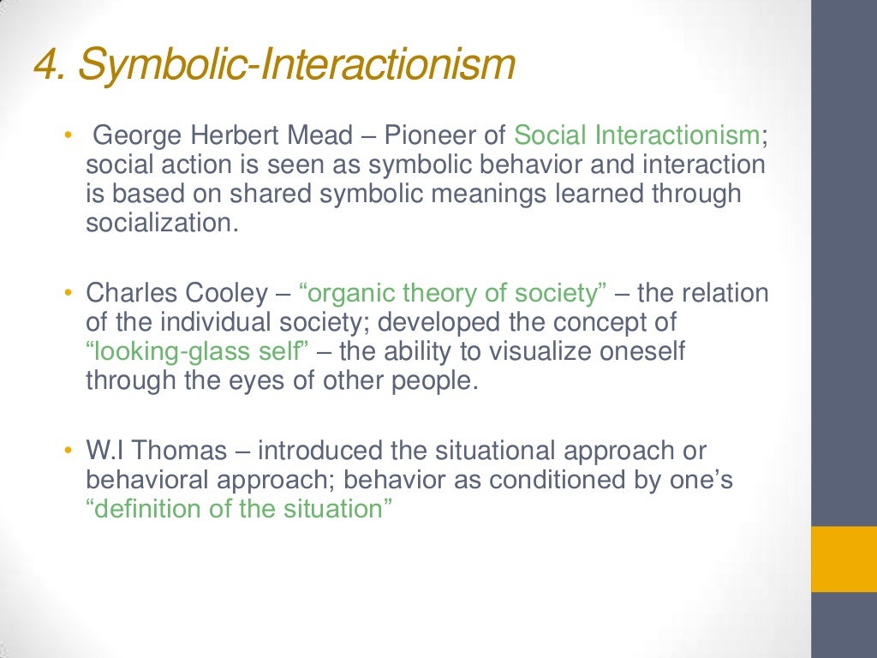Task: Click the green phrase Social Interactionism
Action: click(636, 135)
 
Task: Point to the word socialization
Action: click(159, 223)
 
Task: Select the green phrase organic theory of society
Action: click(453, 294)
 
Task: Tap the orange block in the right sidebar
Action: click(844, 559)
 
